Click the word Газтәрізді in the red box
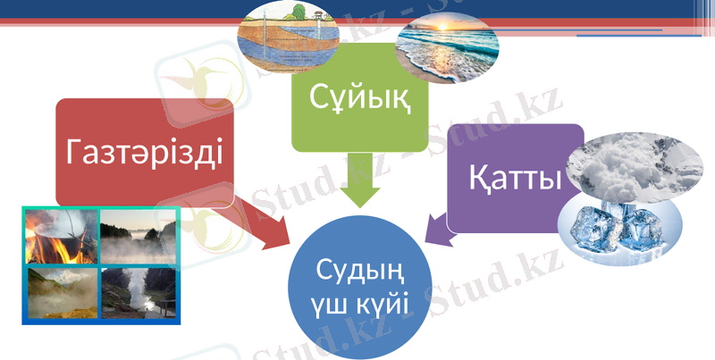(x=145, y=154)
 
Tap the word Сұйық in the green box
(x=360, y=95)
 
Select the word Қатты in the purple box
(x=514, y=179)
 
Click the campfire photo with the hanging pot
(x=61, y=236)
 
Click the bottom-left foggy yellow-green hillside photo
(x=61, y=293)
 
